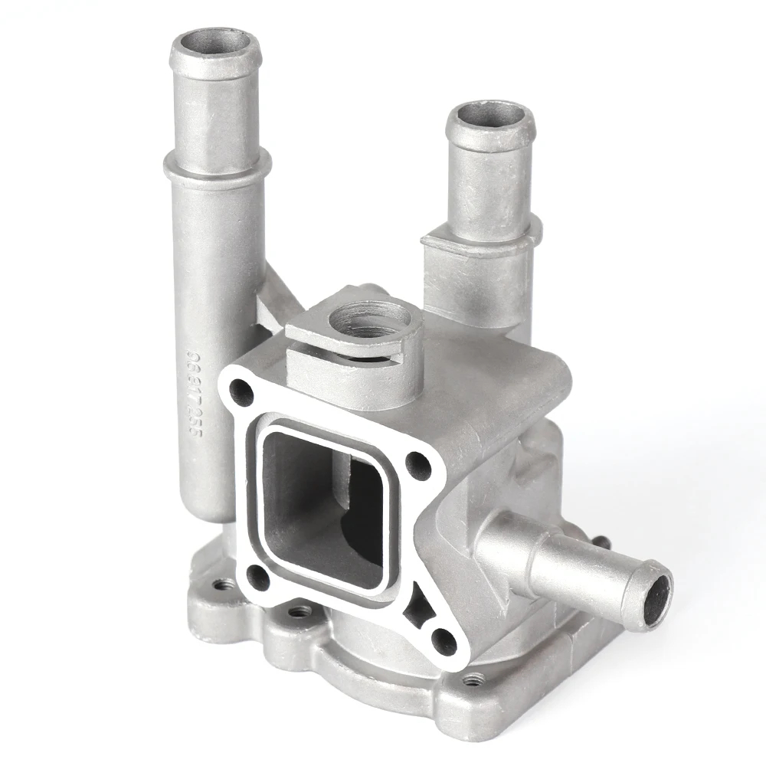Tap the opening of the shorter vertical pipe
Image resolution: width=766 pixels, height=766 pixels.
[491, 117]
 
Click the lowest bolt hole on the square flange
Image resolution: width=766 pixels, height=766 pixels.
[443, 640]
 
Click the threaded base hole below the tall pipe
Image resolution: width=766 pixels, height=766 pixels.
[222, 584]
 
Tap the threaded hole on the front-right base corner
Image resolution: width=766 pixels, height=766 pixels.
[475, 678]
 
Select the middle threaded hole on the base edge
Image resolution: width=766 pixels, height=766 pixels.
[300, 611]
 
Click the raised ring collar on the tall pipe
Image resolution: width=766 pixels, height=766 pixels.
[217, 165]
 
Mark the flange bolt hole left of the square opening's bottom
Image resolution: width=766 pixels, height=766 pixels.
[257, 576]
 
